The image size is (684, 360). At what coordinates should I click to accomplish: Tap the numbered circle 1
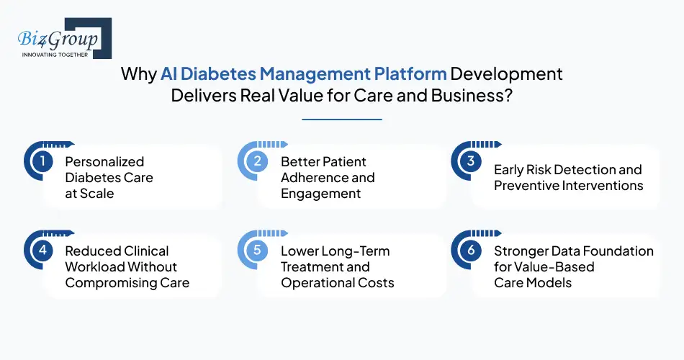43,162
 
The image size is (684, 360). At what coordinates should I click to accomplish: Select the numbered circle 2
257,162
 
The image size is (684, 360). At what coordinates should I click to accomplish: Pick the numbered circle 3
471,162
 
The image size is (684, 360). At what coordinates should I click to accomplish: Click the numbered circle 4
43,251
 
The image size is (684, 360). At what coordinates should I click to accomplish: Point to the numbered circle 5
257,251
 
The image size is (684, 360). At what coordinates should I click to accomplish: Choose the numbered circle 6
471,251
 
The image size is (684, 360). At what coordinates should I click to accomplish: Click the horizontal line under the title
342,119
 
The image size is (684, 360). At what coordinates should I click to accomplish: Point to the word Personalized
104,162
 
